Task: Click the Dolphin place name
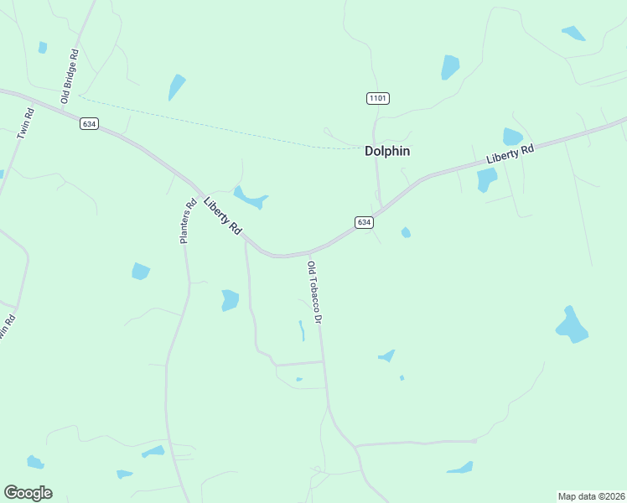coord(386,152)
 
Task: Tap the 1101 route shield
coord(377,99)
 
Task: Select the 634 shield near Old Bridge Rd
coord(90,123)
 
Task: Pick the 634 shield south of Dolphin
coord(363,222)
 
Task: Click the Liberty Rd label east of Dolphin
coord(509,155)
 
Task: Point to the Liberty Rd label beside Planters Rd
coord(222,215)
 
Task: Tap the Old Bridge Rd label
coord(69,76)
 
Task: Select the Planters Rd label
coord(188,220)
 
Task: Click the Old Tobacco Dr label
coord(314,293)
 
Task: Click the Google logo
coord(28,493)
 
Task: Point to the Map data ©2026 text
coord(591,496)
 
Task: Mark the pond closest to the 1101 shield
coord(450,67)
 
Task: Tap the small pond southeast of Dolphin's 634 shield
coord(406,232)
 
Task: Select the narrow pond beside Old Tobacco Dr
coord(302,330)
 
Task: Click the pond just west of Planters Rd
coord(140,271)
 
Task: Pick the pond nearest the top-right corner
coord(573,34)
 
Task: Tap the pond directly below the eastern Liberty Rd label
coord(486,179)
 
